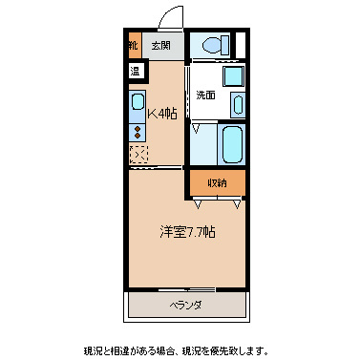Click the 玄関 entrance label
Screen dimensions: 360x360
pyautogui.click(x=160, y=45)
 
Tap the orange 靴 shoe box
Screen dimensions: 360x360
pyautogui.click(x=133, y=45)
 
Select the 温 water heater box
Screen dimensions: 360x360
pyautogui.click(x=135, y=70)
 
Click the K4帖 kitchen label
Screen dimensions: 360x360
pyautogui.click(x=162, y=114)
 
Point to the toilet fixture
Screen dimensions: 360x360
pyautogui.click(x=209, y=45)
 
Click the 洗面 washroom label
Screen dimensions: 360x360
pyautogui.click(x=205, y=95)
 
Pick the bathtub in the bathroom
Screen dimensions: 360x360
pyautogui.click(x=232, y=142)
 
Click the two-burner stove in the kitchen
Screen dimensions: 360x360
pyautogui.click(x=137, y=131)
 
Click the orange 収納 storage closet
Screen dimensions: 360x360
pyautogui.click(x=218, y=181)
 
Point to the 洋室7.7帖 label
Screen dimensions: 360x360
pyautogui.click(x=186, y=232)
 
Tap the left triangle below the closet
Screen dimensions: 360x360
pyautogui.click(x=198, y=202)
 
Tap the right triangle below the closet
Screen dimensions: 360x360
pyautogui.click(x=236, y=202)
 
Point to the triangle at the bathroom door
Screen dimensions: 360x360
pyautogui.click(x=196, y=127)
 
